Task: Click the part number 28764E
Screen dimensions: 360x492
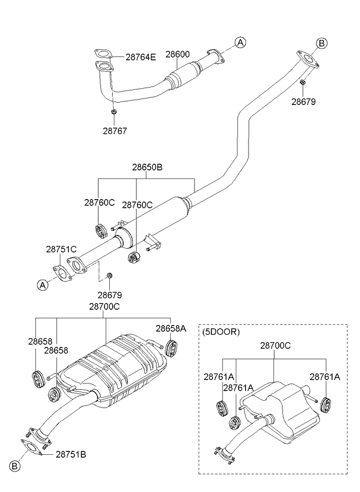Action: (141, 57)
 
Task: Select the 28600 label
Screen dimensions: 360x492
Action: (178, 55)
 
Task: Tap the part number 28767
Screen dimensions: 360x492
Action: (115, 131)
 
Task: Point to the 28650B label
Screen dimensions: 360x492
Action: (147, 167)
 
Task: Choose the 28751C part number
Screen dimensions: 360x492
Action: (61, 249)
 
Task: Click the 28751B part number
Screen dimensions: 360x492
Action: (71, 454)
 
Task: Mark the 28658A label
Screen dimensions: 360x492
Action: (171, 328)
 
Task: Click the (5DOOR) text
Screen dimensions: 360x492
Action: (221, 332)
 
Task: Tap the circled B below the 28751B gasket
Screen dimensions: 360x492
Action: (15, 466)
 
